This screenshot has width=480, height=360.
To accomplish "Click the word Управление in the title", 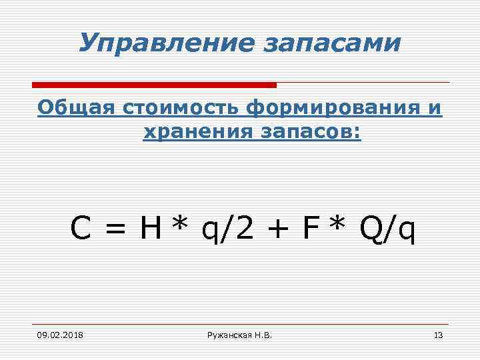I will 165,43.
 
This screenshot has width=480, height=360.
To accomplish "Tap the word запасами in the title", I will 333,45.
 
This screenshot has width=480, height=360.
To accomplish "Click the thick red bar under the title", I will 154,85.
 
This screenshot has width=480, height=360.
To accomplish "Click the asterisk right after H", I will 178,225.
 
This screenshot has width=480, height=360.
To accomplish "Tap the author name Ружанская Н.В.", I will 239,334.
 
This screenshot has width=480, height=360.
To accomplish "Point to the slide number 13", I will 438,334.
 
